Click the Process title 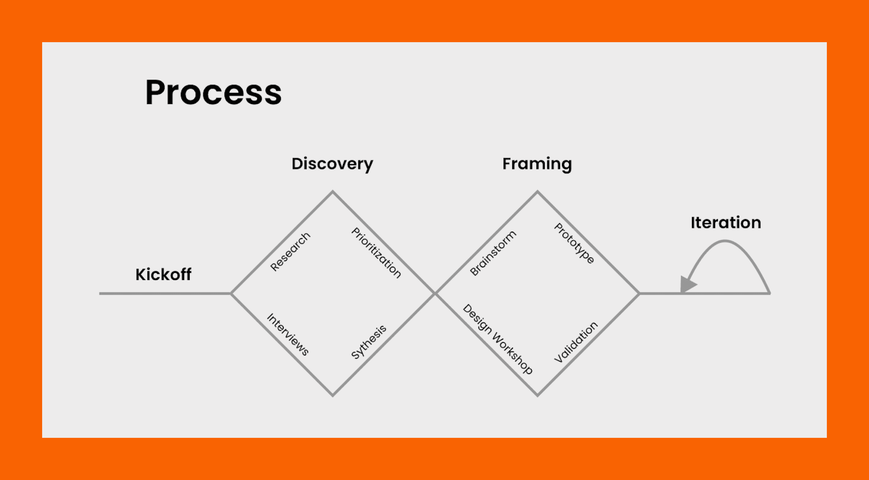coord(213,92)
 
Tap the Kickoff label coord(163,274)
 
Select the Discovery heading coord(332,164)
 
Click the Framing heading coord(537,164)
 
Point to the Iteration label coord(726,223)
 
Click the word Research coord(290,252)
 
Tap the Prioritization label coord(376,253)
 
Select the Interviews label coord(288,335)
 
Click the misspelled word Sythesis coord(369,342)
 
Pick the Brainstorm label coord(493,253)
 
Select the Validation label coord(576,342)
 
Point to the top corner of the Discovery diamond coord(333,192)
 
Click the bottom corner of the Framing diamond coord(537,396)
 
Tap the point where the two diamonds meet coord(435,293)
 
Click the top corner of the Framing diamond coord(537,192)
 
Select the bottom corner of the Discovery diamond coord(333,396)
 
